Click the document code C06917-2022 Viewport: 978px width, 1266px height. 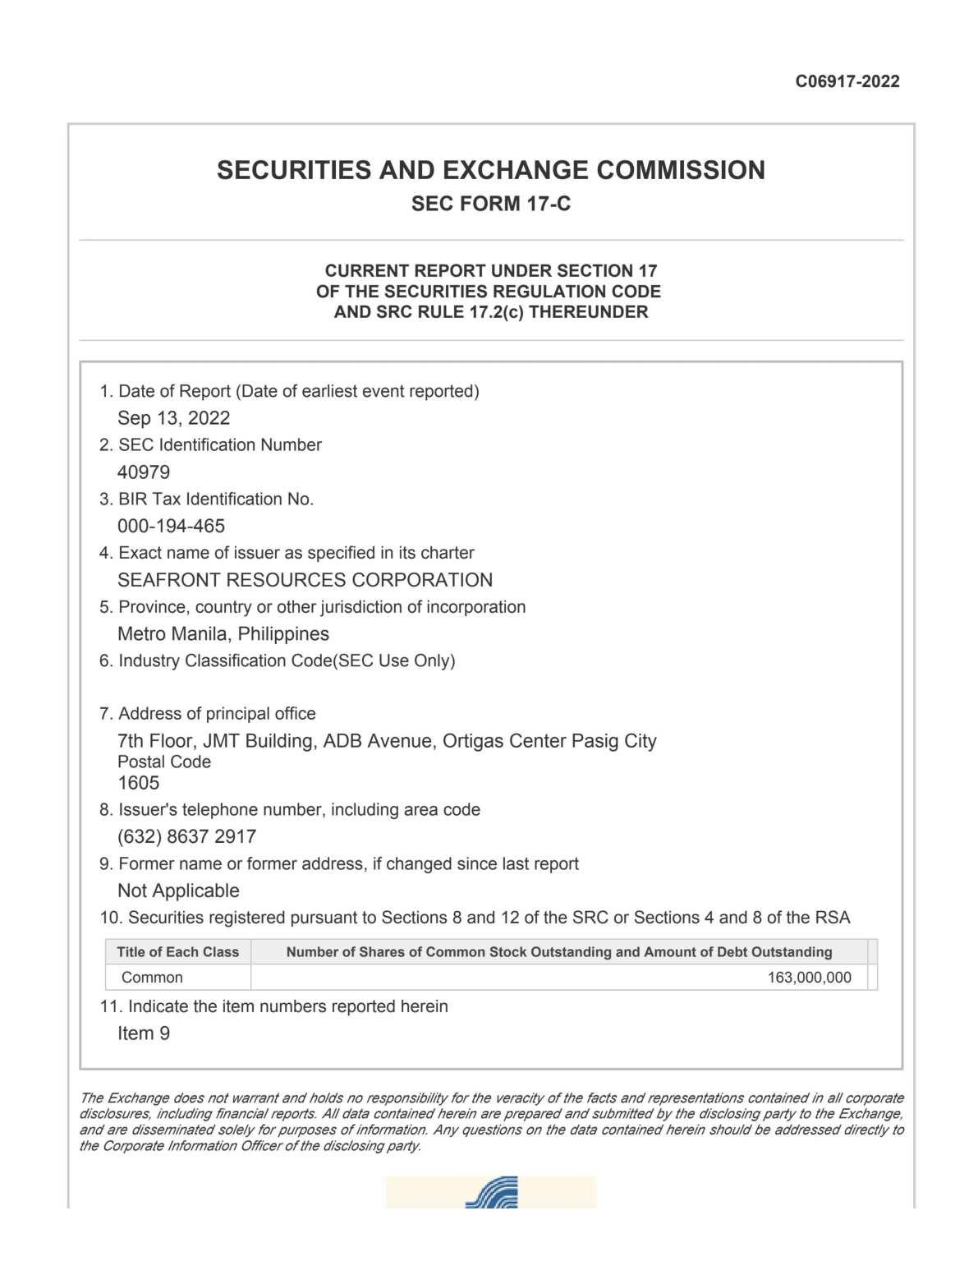847,81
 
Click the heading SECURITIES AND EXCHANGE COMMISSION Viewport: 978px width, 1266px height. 490,170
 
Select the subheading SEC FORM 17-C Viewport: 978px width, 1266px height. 490,204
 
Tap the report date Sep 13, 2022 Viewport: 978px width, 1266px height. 173,418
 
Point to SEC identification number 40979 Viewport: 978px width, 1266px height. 144,472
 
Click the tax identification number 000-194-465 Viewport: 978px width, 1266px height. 171,526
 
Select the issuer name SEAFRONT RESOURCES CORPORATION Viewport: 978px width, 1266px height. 305,580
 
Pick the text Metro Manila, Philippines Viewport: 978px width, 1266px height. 223,634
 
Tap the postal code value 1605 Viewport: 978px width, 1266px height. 138,783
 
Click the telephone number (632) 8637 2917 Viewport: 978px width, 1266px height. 186,836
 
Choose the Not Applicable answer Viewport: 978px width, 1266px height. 178,891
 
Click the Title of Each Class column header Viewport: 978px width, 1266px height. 177,952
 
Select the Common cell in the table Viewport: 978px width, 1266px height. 152,978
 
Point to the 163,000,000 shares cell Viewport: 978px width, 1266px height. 809,978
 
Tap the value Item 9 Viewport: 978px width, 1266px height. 144,1034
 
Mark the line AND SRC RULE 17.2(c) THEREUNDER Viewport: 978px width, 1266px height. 490,312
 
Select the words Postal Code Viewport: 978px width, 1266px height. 164,762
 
